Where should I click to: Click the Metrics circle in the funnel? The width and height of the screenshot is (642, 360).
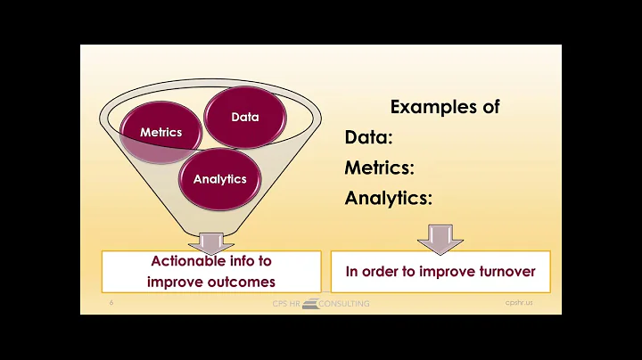pyautogui.click(x=160, y=132)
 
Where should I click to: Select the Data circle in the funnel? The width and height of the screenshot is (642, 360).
pyautogui.click(x=244, y=117)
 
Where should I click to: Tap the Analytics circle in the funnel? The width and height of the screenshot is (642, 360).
pyautogui.click(x=219, y=178)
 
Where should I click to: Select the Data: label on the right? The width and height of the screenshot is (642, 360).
pyautogui.click(x=369, y=138)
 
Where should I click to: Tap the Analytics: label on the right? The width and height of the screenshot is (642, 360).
pyautogui.click(x=389, y=199)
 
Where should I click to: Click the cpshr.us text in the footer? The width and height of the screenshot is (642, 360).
pyautogui.click(x=517, y=303)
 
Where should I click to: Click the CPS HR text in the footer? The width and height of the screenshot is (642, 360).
pyautogui.click(x=287, y=304)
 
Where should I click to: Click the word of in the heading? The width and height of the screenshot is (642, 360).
pyautogui.click(x=490, y=107)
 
